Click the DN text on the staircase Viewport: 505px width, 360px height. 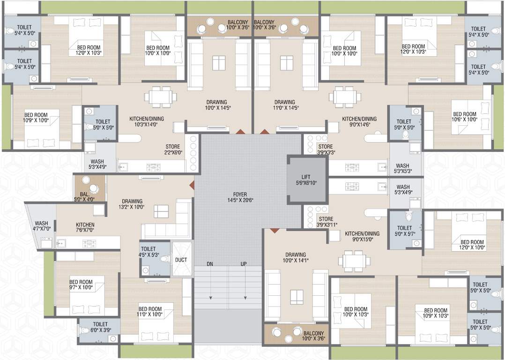[x=210, y=264]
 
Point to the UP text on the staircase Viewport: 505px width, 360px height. [x=244, y=264]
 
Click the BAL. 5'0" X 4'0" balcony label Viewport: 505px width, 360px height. [x=84, y=196]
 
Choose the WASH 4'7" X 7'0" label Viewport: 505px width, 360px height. [x=41, y=226]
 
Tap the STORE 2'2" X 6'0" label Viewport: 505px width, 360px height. [x=172, y=150]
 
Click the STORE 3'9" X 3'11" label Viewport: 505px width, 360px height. [x=326, y=222]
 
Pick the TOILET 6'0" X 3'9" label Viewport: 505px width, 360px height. [x=100, y=327]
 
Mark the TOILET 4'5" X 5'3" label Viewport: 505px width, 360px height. [x=148, y=252]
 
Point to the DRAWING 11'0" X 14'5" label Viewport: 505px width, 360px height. [x=284, y=105]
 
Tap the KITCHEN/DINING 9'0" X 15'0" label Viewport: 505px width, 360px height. [x=362, y=236]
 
